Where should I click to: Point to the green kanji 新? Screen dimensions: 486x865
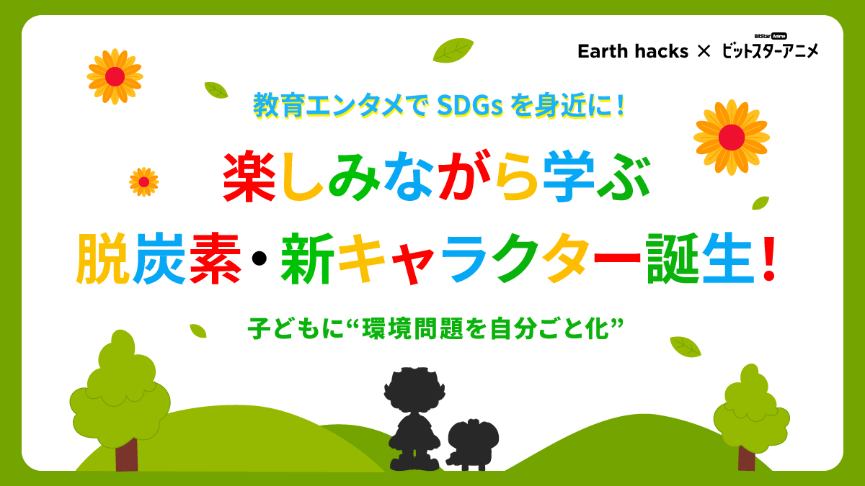tap(307, 261)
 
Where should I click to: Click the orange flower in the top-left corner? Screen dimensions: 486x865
tap(115, 76)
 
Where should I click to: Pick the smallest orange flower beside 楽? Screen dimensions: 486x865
tap(143, 181)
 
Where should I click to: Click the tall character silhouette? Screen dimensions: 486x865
tap(412, 418)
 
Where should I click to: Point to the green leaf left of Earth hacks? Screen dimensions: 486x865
tap(453, 50)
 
